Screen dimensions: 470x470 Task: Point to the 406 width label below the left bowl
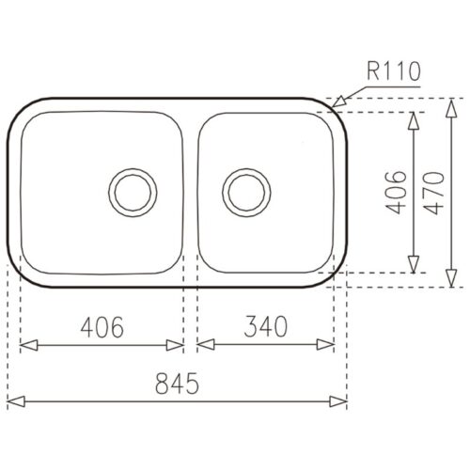click(102, 326)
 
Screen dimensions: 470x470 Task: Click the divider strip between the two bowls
click(191, 193)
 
